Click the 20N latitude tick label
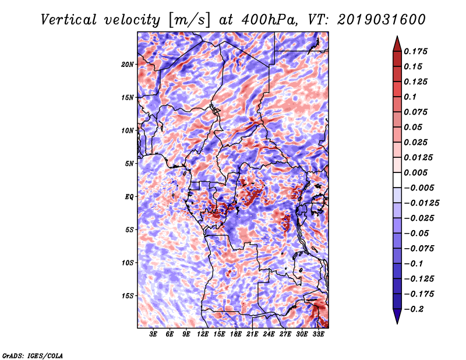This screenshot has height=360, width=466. pos(128,65)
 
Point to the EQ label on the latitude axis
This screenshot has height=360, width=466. pos(129,197)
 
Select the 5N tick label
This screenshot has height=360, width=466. pos(129,164)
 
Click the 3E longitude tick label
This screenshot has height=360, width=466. pos(153,334)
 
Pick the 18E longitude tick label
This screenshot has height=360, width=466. pos(236,334)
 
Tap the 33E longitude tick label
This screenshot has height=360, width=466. pos(318,334)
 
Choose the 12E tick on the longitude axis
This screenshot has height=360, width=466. pos(203,334)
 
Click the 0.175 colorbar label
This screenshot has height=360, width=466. pos(415,51)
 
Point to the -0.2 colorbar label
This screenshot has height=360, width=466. pos(414,309)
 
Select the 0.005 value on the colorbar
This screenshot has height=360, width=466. pos(415,172)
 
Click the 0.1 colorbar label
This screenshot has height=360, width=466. pos(410,97)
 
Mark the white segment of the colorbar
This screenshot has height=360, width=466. pos(397,180)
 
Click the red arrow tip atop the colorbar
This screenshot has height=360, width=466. pos(397,37)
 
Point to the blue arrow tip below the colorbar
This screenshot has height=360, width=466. pos(397,323)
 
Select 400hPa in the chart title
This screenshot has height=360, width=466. pos(269,20)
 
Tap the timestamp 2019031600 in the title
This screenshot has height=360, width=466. pos(382,20)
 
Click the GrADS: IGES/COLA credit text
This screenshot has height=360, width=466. pos(33,356)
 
